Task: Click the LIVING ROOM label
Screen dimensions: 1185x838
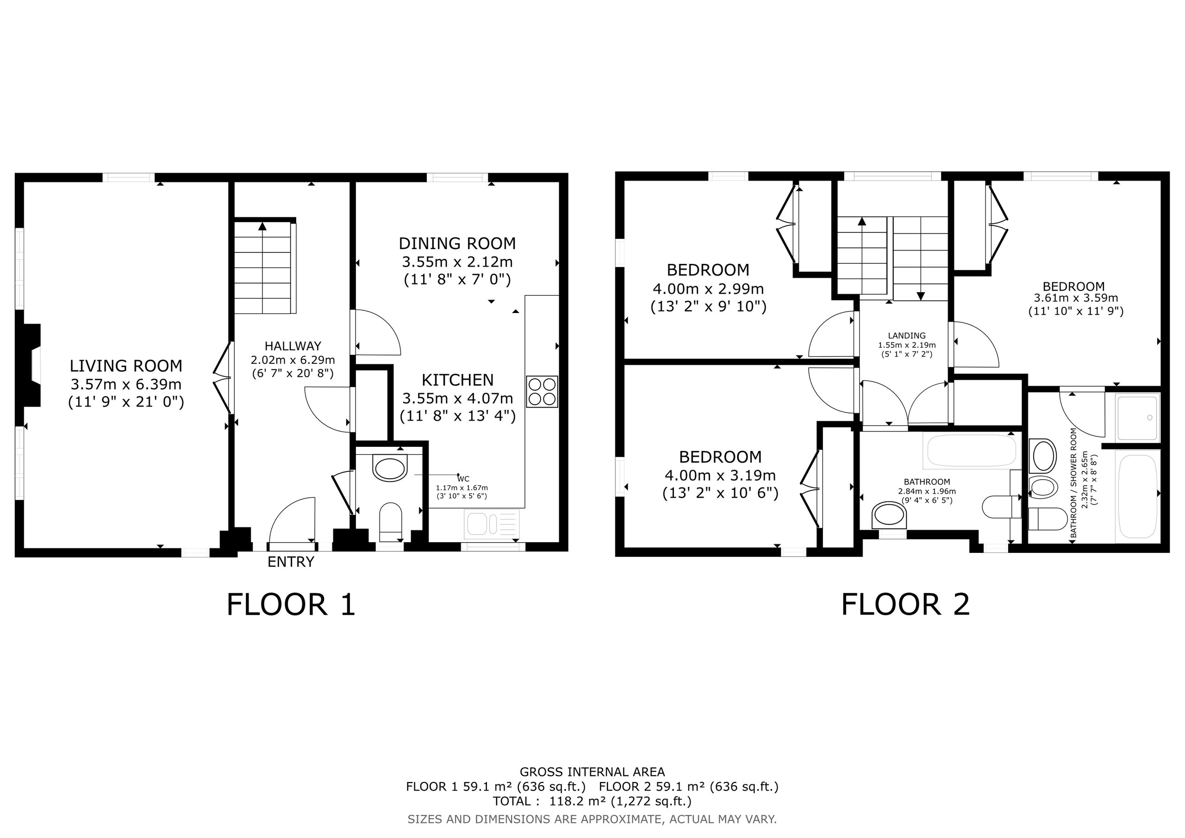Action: click(126, 366)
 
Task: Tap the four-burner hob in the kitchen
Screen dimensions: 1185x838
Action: click(543, 392)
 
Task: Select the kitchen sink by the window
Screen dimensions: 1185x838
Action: click(492, 523)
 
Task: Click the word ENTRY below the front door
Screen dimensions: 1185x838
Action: click(291, 562)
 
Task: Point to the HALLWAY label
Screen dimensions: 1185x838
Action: click(293, 346)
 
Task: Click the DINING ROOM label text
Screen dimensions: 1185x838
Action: click(457, 243)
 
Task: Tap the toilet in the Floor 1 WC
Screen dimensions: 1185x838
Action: click(391, 517)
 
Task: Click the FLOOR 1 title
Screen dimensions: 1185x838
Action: click(291, 605)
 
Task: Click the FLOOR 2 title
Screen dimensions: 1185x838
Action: click(906, 605)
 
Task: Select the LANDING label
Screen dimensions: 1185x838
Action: click(907, 336)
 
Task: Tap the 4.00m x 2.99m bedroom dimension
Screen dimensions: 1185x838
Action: click(708, 288)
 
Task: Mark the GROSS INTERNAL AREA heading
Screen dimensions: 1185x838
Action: click(592, 772)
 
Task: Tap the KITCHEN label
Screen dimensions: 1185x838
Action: click(457, 380)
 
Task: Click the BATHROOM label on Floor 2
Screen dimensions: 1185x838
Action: click(927, 482)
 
